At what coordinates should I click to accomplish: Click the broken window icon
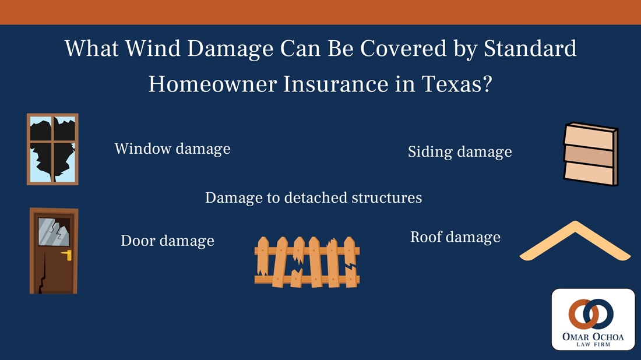click(52, 149)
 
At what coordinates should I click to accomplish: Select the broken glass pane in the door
click(53, 231)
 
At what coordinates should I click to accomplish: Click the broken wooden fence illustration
click(307, 261)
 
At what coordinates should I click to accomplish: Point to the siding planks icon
click(590, 154)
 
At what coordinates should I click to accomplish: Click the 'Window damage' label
click(172, 149)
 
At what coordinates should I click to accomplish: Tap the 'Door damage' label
click(167, 241)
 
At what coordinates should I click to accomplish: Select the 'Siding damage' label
click(460, 152)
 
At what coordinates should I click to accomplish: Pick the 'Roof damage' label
click(455, 237)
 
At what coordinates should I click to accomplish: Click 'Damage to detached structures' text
click(314, 197)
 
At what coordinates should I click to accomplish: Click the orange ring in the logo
click(580, 314)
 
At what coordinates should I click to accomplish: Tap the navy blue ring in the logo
click(601, 314)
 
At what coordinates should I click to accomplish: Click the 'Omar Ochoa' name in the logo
click(593, 336)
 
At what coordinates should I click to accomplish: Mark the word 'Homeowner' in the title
click(213, 84)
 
